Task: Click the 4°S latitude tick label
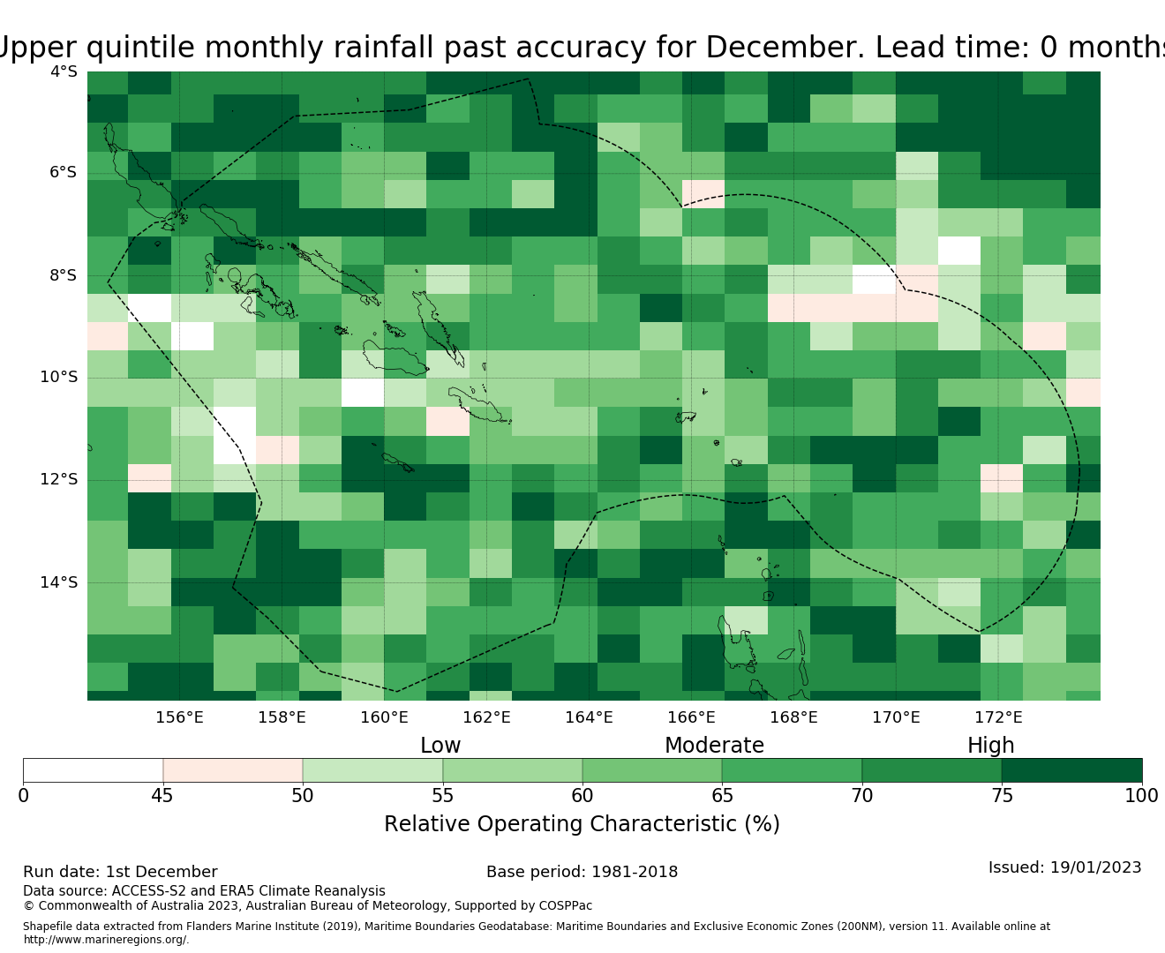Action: tap(63, 71)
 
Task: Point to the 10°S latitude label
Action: tap(58, 378)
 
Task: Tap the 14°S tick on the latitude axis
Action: tap(58, 582)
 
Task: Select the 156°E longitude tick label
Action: tap(179, 717)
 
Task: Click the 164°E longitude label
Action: tap(589, 717)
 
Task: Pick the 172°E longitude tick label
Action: tap(998, 717)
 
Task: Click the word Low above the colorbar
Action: tap(440, 746)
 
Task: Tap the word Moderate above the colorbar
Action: tap(714, 746)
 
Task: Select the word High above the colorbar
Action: tap(990, 746)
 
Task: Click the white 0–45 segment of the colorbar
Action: tap(93, 770)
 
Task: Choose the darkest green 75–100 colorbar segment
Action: tap(1071, 770)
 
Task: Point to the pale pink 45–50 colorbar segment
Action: tap(233, 770)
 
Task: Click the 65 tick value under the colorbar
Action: tap(722, 796)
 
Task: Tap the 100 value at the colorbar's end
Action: tap(1141, 796)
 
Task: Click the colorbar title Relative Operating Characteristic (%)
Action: tap(582, 824)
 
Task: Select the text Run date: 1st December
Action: tap(120, 872)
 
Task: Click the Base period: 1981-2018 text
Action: tap(582, 872)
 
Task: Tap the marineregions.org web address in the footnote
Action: tap(106, 940)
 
